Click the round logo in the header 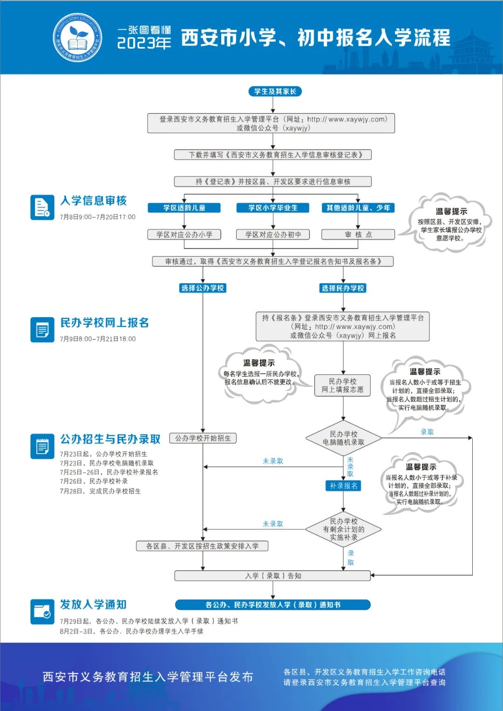[x=77, y=38]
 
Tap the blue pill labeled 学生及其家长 [x=275, y=91]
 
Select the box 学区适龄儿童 [x=184, y=208]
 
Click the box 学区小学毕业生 [x=272, y=208]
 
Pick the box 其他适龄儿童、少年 [x=358, y=208]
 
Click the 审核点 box [x=358, y=235]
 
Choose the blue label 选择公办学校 [x=203, y=288]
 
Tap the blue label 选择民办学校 [x=343, y=288]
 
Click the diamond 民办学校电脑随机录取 [x=343, y=438]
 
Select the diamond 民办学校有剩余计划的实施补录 [x=343, y=529]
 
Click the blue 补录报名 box [x=343, y=486]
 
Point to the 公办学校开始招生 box [x=203, y=438]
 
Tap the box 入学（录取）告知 [x=273, y=576]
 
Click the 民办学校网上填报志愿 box [x=342, y=386]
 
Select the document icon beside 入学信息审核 [x=42, y=207]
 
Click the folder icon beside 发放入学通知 [x=42, y=611]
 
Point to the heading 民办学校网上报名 [x=104, y=323]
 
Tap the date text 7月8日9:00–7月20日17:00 [x=97, y=217]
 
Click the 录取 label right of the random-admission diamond [x=427, y=432]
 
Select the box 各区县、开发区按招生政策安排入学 [x=202, y=546]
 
